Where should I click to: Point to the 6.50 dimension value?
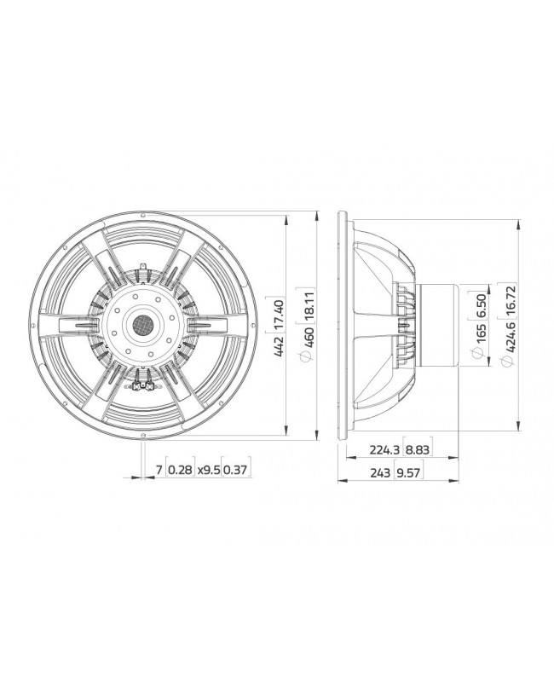point(483,305)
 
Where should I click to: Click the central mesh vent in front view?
point(142,325)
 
